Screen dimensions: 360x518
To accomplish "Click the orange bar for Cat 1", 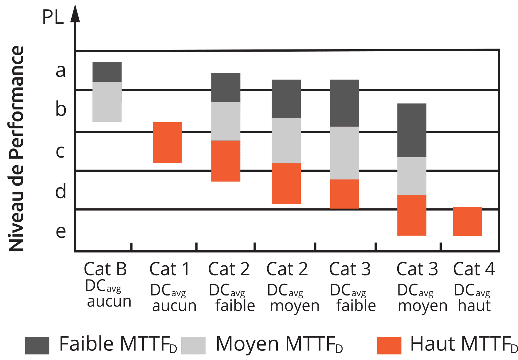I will [x=167, y=143].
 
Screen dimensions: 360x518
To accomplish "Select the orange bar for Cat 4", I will [x=467, y=221].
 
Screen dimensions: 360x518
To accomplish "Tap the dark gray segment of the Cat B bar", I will [x=107, y=72].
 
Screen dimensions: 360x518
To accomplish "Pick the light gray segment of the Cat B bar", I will [x=107, y=102].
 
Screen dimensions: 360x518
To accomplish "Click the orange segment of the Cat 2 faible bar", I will [x=226, y=161].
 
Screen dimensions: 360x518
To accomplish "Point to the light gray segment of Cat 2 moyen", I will [x=286, y=140].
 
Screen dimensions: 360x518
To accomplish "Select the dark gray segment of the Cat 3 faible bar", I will [x=344, y=103].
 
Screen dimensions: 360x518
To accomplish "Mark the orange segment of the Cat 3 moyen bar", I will [x=412, y=215].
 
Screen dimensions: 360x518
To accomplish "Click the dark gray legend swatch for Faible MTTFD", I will [x=37, y=345].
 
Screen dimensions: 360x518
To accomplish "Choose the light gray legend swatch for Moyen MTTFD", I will [x=193, y=345].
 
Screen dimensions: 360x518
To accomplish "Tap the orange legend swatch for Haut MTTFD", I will [x=389, y=345].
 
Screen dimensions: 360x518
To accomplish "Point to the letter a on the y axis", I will [x=61, y=71].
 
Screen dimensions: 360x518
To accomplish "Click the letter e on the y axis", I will [x=61, y=231].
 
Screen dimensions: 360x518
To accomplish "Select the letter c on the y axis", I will [x=60, y=151].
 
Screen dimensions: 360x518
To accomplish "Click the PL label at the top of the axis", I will [x=53, y=17].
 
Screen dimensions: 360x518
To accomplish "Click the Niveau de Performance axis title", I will [x=16, y=148].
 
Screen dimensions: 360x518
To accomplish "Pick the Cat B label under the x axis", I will [x=105, y=269].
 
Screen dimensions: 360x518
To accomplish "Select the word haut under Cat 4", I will [x=474, y=306].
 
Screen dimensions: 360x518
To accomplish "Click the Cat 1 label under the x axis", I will [x=169, y=269].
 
